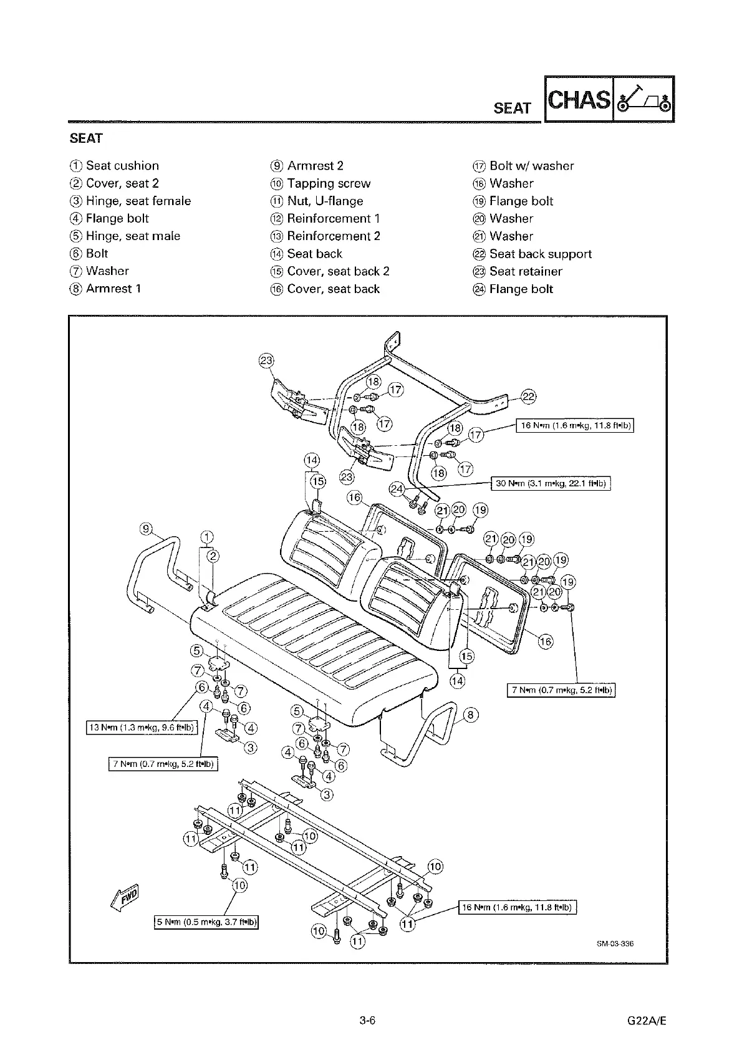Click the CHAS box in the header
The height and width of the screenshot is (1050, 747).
579,100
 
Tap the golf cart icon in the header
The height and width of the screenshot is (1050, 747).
643,100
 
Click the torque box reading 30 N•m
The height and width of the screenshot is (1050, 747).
551,483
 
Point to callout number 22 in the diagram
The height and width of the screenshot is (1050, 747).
528,397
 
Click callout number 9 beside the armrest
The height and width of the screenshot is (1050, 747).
146,529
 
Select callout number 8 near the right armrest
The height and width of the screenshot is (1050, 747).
471,715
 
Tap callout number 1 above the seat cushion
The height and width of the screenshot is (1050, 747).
207,537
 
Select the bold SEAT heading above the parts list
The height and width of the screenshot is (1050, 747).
86,138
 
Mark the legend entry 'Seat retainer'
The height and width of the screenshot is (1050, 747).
525,271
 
